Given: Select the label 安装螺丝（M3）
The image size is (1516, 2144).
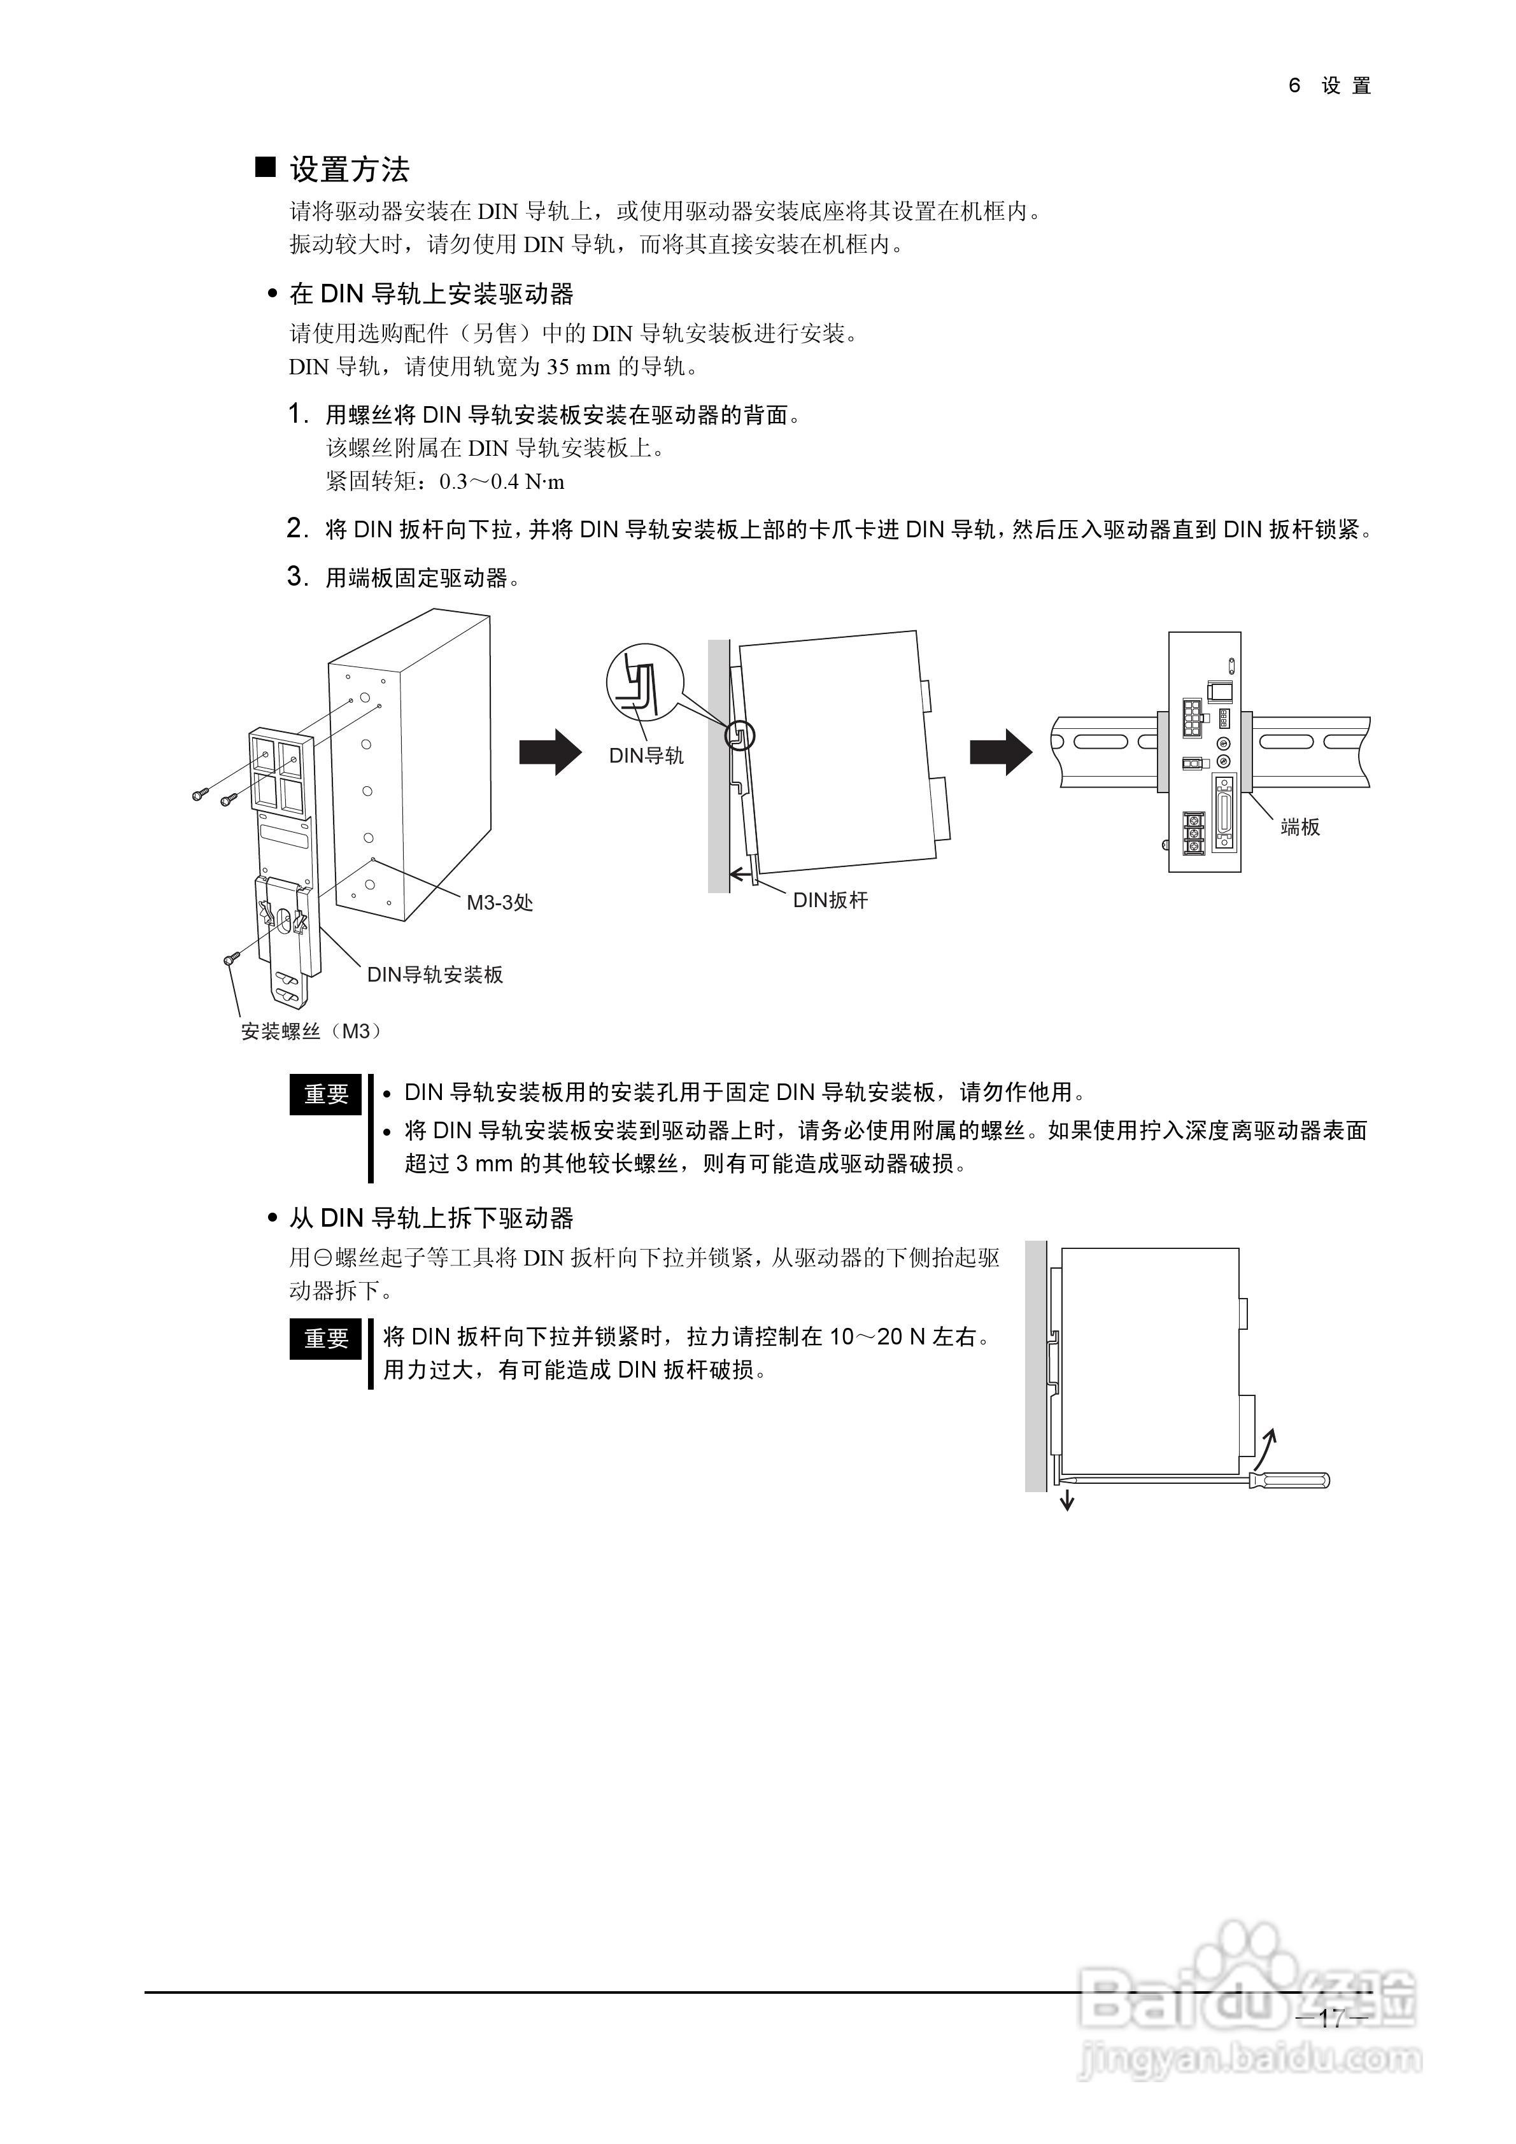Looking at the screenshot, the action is click(x=311, y=1032).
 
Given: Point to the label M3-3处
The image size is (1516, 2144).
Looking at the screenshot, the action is click(x=500, y=903).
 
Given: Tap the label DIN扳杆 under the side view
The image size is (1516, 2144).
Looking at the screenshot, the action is click(x=830, y=900).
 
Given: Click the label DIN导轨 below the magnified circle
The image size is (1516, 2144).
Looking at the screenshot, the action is click(x=646, y=756).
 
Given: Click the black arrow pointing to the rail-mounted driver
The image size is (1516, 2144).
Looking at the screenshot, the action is click(x=1000, y=751).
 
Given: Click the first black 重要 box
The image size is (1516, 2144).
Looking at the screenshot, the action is click(x=326, y=1094).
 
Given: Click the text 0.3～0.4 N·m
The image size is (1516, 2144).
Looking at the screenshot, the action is click(x=502, y=483).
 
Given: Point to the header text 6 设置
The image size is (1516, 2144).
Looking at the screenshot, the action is click(x=1329, y=86).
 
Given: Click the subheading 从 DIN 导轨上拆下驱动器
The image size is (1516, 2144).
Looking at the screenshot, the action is click(x=432, y=1218).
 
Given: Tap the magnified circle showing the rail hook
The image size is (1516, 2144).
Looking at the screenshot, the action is click(x=644, y=682).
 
